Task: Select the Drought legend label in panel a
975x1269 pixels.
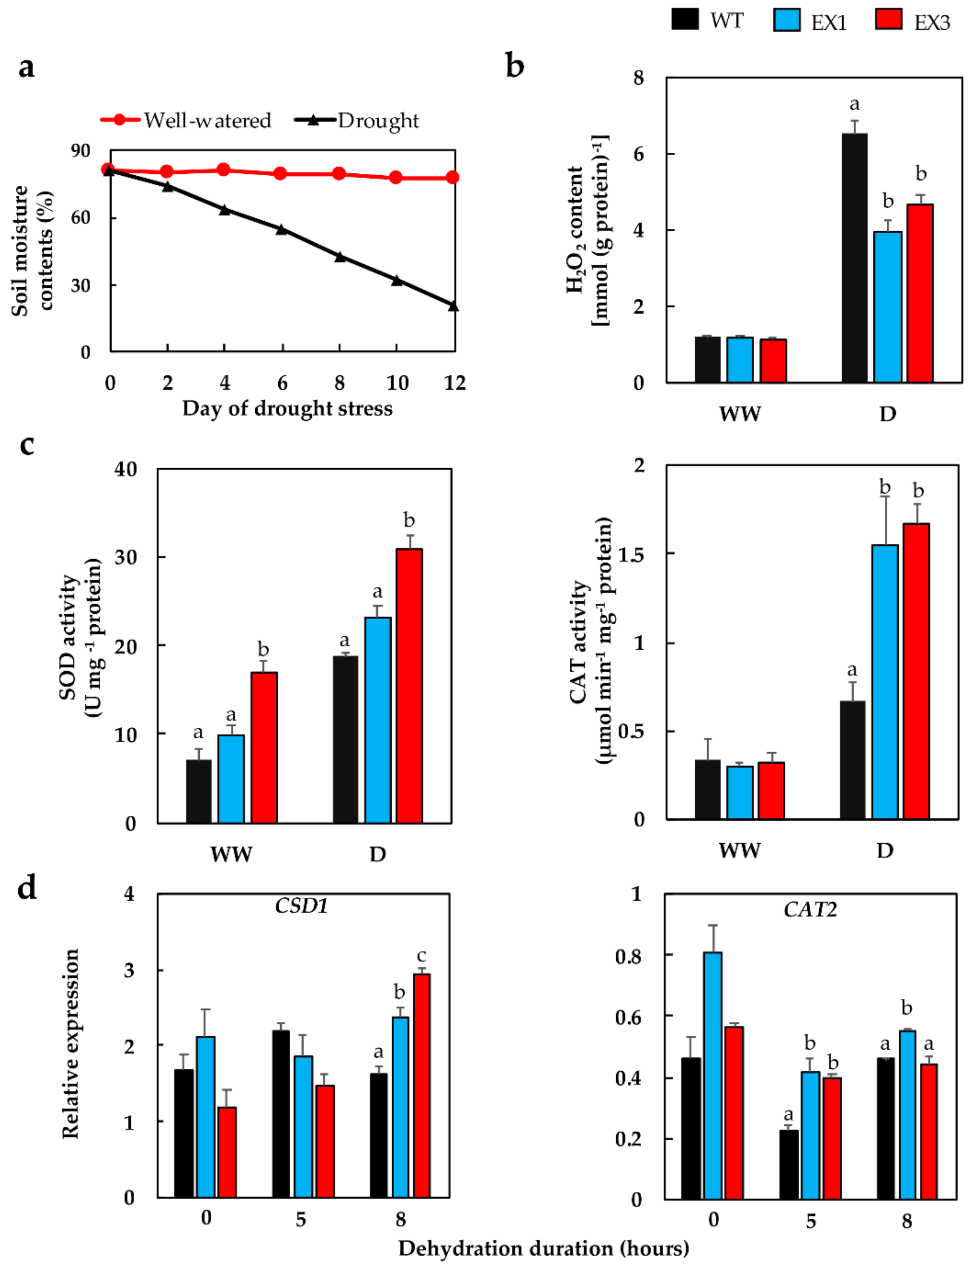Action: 378,121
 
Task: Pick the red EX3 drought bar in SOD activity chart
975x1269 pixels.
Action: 409,685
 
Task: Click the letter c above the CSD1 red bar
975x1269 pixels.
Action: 422,956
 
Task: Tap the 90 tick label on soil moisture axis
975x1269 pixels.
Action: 81,151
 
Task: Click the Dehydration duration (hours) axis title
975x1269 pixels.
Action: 543,1248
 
